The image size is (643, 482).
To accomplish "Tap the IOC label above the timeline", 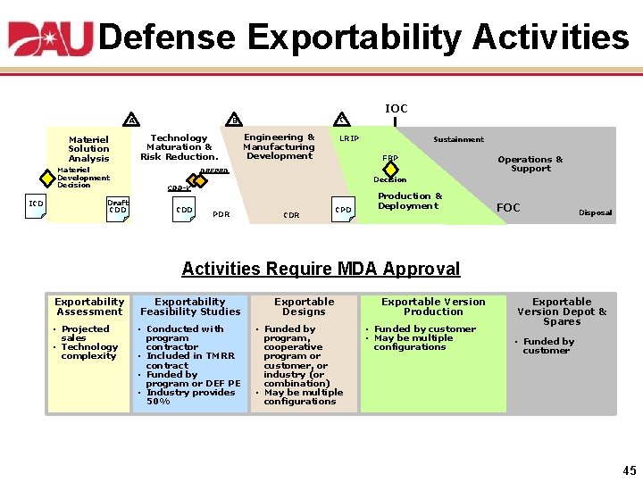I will click(396, 108).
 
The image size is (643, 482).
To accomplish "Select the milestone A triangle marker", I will click(132, 120).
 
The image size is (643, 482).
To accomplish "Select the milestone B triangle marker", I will click(234, 120).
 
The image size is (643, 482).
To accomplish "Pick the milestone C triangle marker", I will click(341, 120).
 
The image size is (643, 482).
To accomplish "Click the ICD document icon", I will click(36, 204).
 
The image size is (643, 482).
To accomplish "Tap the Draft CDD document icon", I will click(117, 209).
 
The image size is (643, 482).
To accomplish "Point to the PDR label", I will click(221, 214).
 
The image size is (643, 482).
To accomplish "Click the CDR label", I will click(291, 215).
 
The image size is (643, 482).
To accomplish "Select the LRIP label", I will click(348, 138).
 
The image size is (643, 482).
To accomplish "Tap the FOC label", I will click(507, 208).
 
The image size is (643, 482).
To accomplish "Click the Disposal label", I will click(595, 212).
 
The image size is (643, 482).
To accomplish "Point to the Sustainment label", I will click(458, 139).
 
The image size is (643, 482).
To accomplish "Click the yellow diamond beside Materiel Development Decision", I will click(48, 176).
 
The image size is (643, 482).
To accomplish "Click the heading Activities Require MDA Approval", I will click(321, 269).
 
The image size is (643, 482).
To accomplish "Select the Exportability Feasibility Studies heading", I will click(190, 306).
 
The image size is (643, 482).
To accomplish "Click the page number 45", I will click(630, 470).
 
